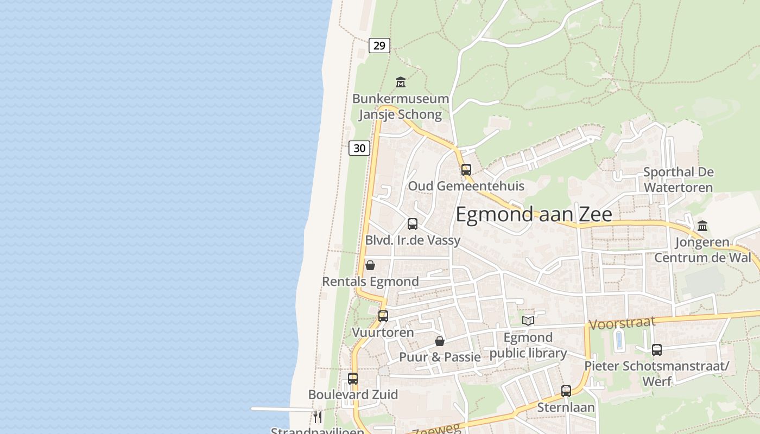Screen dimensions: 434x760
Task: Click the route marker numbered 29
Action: point(379,46)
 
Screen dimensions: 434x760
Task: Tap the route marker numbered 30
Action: point(359,148)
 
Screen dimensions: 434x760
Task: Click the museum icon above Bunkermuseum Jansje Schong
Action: point(401,82)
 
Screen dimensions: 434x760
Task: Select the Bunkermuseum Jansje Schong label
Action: point(401,106)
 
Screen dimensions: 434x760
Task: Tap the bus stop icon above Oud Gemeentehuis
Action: point(466,169)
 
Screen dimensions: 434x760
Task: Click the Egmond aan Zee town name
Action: point(534,214)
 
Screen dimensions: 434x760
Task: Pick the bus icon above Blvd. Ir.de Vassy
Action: point(412,224)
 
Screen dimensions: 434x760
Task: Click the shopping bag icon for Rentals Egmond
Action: point(370,265)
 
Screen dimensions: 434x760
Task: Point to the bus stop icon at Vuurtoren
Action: point(383,316)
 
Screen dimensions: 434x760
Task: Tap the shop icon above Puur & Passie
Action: point(440,341)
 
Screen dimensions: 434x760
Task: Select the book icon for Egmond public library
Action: point(528,321)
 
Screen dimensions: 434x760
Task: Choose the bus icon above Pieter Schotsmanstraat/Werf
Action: point(656,350)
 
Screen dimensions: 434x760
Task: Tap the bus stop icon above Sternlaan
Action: point(566,391)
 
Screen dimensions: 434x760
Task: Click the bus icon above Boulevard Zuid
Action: point(353,378)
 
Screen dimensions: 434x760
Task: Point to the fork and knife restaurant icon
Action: point(318,417)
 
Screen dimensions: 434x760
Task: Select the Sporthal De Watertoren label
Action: point(678,180)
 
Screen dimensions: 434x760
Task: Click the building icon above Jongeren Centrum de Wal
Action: point(702,226)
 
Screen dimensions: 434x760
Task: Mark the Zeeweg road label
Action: point(436,429)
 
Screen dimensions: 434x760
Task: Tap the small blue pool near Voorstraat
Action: point(619,341)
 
